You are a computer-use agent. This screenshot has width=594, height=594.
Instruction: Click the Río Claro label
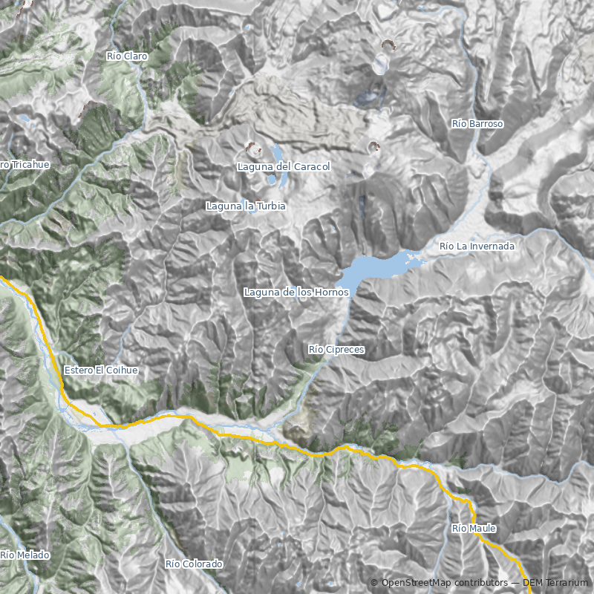pyautogui.click(x=127, y=56)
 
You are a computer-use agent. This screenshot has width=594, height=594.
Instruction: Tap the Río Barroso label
pyautogui.click(x=477, y=124)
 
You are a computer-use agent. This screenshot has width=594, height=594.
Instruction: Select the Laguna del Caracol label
pyautogui.click(x=283, y=167)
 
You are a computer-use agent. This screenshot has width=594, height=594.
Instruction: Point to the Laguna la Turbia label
pyautogui.click(x=246, y=206)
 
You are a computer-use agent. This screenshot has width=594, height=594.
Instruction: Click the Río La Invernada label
pyautogui.click(x=477, y=246)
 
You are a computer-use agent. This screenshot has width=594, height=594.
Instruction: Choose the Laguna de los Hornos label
pyautogui.click(x=296, y=293)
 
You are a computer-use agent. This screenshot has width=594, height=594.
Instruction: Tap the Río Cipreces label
pyautogui.click(x=336, y=349)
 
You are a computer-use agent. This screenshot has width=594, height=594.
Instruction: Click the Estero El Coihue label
pyautogui.click(x=101, y=370)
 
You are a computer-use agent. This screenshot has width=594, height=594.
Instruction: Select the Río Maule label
pyautogui.click(x=473, y=529)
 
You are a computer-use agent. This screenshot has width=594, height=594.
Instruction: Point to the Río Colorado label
pyautogui.click(x=194, y=564)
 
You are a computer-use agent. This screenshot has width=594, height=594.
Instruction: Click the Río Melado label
pyautogui.click(x=25, y=555)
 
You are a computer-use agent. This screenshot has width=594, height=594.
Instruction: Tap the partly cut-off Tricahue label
pyautogui.click(x=25, y=164)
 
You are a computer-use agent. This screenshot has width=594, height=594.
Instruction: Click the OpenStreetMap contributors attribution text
pyautogui.click(x=443, y=583)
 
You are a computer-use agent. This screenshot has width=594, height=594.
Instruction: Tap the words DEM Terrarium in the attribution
pyautogui.click(x=549, y=583)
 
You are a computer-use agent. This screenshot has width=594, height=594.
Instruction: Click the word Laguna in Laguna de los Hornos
pyautogui.click(x=262, y=293)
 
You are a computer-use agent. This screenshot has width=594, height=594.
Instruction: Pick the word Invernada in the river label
pyautogui.click(x=491, y=246)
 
